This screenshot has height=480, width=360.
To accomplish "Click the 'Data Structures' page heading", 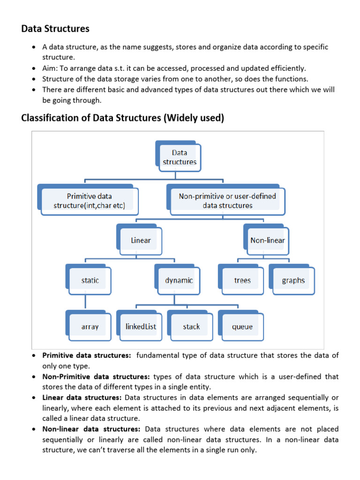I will tap(55, 29).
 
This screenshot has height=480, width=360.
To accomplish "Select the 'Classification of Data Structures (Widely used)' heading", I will tap(122, 118).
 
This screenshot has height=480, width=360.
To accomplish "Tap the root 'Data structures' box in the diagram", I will tap(180, 157).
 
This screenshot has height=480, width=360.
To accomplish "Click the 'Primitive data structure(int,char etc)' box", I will tap(89, 201).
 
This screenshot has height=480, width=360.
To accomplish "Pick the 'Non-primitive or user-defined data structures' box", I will tap(227, 201).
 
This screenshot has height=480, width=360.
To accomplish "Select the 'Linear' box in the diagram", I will tap(141, 240).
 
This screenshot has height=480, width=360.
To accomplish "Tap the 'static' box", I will tap(90, 280).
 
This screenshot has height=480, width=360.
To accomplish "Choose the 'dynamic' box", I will tap(179, 280).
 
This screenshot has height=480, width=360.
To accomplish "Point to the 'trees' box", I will tap(242, 280).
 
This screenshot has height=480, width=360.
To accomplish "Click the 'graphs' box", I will tap(293, 280).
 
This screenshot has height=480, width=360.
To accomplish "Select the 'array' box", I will tap(90, 326).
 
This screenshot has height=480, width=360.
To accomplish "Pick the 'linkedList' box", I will tap(140, 326).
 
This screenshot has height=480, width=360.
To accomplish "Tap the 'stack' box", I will tap(191, 326).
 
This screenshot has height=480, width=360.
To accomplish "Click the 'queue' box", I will tap(242, 326).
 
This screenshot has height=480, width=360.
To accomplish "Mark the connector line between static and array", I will tap(85, 303).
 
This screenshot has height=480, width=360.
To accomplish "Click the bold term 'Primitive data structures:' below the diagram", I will tap(87, 356).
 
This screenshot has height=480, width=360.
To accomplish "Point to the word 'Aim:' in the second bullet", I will tap(50, 68).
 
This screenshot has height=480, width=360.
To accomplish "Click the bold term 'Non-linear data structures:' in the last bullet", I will tap(91, 429).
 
